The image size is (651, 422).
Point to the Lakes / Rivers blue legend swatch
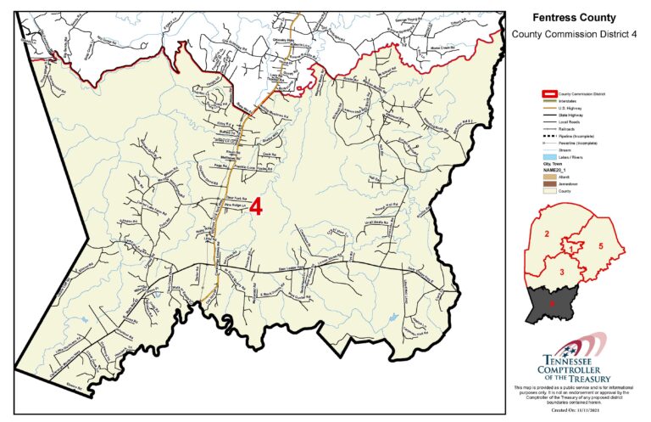coord(549,157)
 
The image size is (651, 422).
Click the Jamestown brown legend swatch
coord(549,184)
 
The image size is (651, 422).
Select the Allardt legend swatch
coord(549,177)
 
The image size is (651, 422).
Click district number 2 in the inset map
coord(548,233)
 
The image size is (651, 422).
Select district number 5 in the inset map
coord(600,245)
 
